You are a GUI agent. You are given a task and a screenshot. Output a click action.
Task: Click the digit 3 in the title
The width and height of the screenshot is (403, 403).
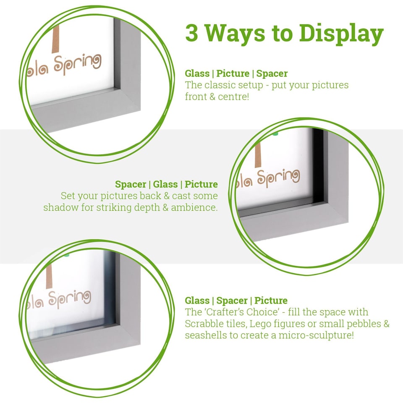click(192, 33)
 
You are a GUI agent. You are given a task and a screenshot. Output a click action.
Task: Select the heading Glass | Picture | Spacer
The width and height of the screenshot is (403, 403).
click(236, 73)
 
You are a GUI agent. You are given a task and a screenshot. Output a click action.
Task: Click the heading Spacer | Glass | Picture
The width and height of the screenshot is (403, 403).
click(167, 184)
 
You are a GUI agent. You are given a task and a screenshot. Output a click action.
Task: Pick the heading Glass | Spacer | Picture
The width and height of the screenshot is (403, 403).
click(236, 301)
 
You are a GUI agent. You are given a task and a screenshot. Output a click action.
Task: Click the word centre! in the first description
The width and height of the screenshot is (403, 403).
click(241, 97)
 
